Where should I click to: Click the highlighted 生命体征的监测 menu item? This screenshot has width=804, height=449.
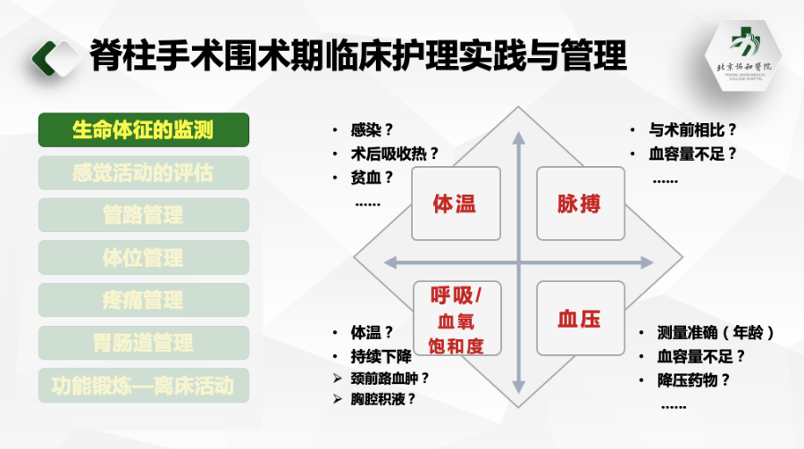click(143, 130)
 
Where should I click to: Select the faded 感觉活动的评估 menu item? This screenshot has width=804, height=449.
click(143, 172)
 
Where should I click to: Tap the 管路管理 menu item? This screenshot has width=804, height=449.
click(143, 215)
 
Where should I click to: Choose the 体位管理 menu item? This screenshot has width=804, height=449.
click(143, 258)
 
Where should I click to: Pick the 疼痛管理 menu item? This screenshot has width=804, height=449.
click(143, 300)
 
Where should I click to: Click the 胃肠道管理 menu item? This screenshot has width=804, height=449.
click(143, 343)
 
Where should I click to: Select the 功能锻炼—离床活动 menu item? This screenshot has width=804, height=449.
click(143, 386)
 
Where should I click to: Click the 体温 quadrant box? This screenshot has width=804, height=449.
click(455, 204)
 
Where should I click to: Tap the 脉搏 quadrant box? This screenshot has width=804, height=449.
click(579, 204)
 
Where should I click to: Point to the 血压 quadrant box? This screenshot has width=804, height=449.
click(579, 320)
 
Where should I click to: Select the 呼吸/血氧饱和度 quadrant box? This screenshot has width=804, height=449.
click(456, 320)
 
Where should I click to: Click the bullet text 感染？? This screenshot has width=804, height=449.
click(373, 129)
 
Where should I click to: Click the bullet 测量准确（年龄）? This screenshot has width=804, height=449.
click(715, 333)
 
